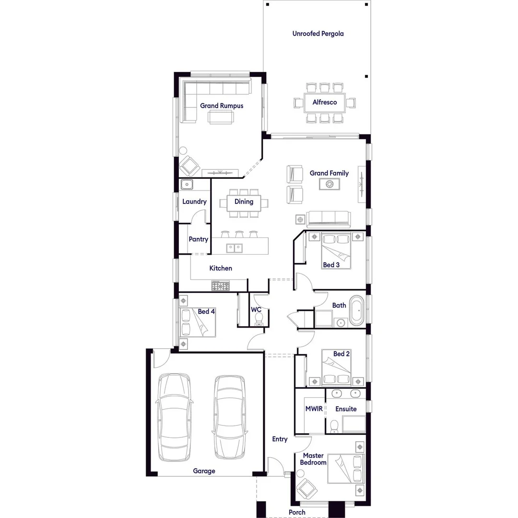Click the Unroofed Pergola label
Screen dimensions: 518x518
(318, 34)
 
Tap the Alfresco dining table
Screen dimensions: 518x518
(325, 102)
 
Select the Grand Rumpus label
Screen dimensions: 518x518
(222, 106)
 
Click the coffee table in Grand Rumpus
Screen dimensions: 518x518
(221, 117)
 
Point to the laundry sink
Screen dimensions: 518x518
(186, 184)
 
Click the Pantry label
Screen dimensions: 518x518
(198, 239)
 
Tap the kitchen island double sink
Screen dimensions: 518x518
(235, 248)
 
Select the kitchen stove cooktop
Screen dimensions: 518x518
(220, 286)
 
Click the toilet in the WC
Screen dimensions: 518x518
(259, 319)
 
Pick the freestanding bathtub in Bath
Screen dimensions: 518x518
(357, 311)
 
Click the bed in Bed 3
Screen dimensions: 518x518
(336, 250)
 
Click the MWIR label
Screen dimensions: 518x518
(314, 409)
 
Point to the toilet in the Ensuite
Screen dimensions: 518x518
(334, 426)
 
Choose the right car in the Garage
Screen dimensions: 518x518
(230, 416)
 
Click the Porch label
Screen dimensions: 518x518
(297, 512)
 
